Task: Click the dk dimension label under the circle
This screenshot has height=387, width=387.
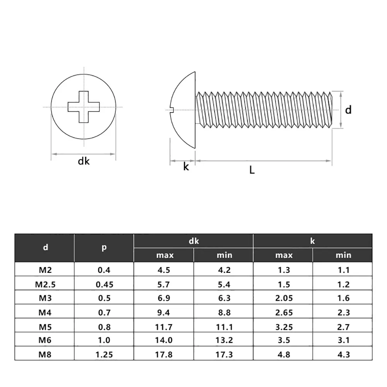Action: click(x=84, y=161)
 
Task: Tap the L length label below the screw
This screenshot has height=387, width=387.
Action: click(x=252, y=170)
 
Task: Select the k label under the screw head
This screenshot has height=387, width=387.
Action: click(x=186, y=167)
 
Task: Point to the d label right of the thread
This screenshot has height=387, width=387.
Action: click(x=349, y=110)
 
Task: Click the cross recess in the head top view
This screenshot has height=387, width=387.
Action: click(x=84, y=106)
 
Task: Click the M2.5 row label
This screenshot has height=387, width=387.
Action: click(x=45, y=284)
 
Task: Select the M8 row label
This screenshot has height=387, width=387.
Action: click(x=45, y=354)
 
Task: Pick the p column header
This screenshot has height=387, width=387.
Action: click(x=104, y=248)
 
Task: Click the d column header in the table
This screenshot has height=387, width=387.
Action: click(x=45, y=248)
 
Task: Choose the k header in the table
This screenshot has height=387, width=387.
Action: click(x=313, y=241)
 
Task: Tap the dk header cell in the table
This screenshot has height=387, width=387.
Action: click(x=194, y=241)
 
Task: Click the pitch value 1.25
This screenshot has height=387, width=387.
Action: click(x=104, y=354)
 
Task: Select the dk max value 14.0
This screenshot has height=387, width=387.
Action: click(x=164, y=341)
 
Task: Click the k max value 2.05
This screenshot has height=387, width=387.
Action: click(x=283, y=298)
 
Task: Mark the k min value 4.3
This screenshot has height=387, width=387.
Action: click(x=343, y=354)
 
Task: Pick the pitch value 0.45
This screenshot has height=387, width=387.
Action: click(x=104, y=284)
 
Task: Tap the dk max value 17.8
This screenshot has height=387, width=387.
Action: click(x=164, y=354)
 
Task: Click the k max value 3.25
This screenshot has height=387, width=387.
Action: click(x=283, y=327)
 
